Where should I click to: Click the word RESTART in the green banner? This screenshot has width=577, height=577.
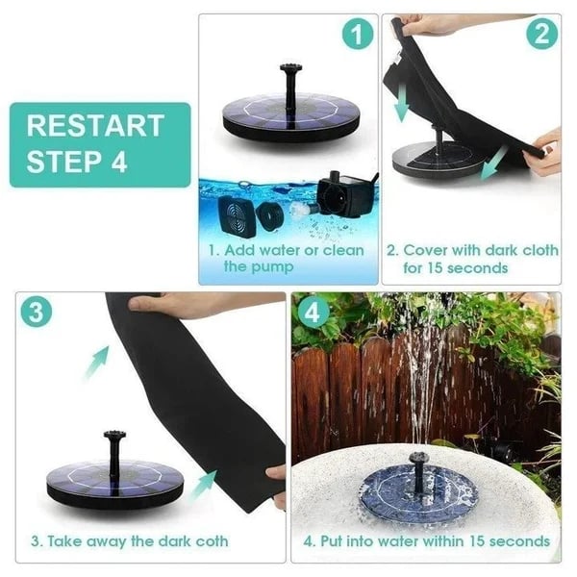coord(95,126)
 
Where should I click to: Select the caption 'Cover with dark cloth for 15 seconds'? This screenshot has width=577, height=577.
coord(471,258)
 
